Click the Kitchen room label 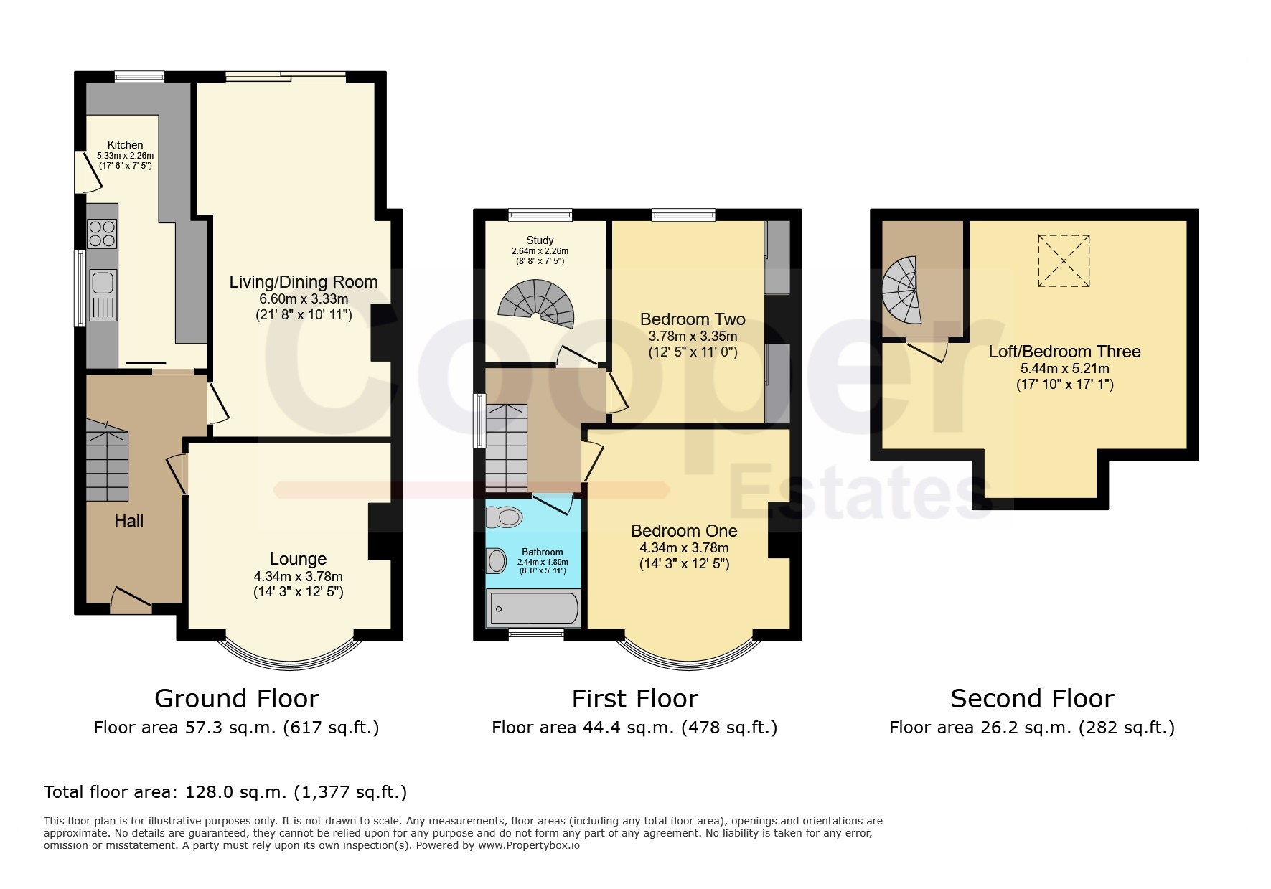click(x=125, y=145)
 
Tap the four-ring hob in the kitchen click(x=102, y=233)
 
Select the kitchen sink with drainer click(x=103, y=296)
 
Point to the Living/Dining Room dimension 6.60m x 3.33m click(x=304, y=299)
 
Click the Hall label click(x=129, y=521)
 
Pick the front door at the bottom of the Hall click(x=131, y=601)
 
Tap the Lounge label click(x=298, y=559)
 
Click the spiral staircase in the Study click(x=538, y=304)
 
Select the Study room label click(x=540, y=240)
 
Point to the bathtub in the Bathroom click(x=533, y=609)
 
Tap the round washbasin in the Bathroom click(x=496, y=560)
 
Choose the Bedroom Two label click(x=693, y=319)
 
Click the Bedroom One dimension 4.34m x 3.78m click(x=684, y=548)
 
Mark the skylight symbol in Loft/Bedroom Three click(x=1064, y=261)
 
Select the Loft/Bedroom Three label click(x=1064, y=352)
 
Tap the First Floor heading click(x=634, y=699)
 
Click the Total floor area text click(x=225, y=792)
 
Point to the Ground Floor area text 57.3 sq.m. click(x=236, y=728)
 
